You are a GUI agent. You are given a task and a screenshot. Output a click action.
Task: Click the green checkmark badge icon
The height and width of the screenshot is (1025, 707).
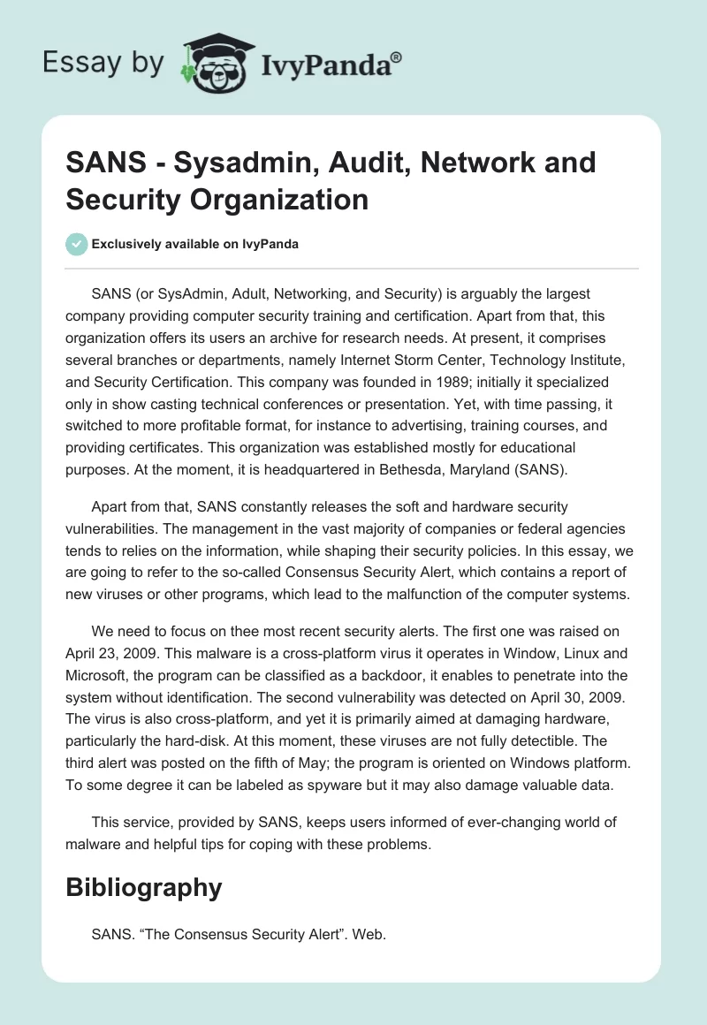(77, 244)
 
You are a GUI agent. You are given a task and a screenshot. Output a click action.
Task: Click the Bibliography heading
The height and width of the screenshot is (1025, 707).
(143, 887)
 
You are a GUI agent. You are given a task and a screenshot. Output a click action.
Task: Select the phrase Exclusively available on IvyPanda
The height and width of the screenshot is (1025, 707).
(194, 244)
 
